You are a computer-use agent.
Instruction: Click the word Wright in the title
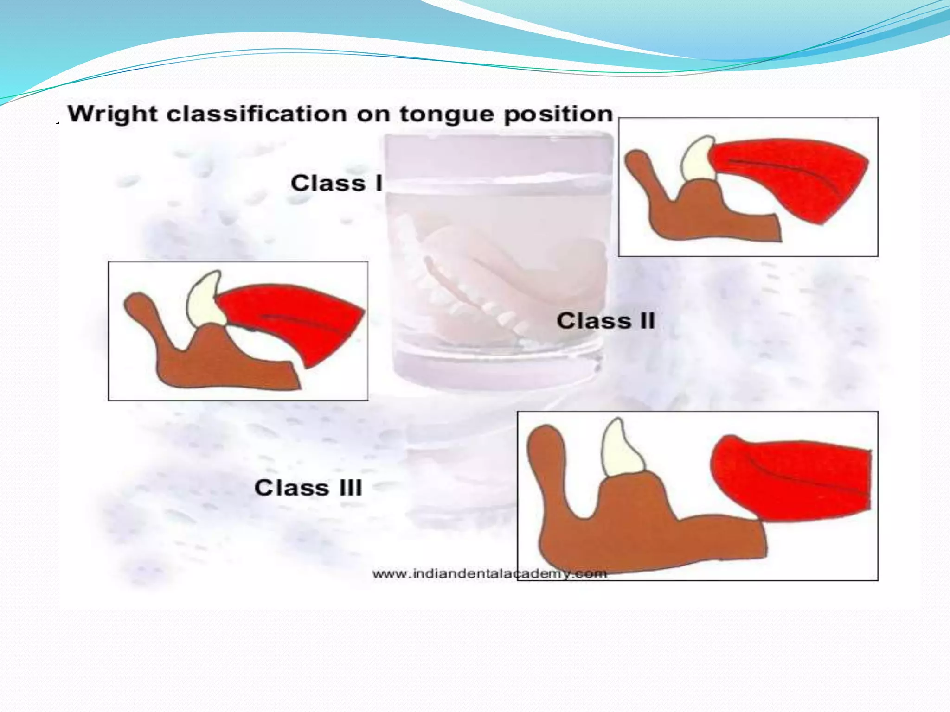[x=113, y=114]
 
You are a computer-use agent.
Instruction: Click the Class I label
[x=336, y=183]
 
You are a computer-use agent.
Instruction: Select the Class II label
[x=605, y=321]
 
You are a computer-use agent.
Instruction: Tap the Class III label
[x=308, y=488]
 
